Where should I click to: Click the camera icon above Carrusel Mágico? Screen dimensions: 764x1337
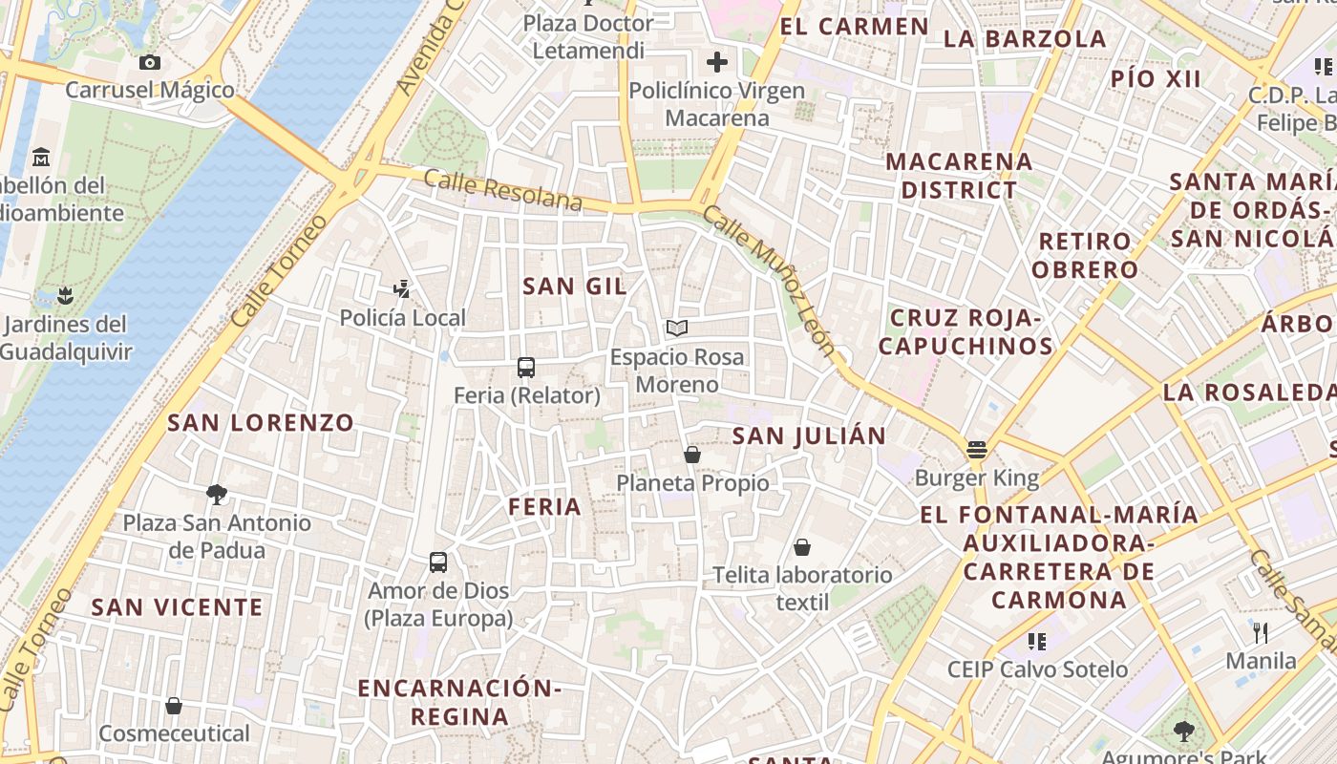pyautogui.click(x=149, y=63)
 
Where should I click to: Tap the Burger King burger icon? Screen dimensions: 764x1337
pyautogui.click(x=976, y=449)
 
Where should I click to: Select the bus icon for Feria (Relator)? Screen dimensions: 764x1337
pyautogui.click(x=525, y=367)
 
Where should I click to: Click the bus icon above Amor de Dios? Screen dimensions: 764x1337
pyautogui.click(x=438, y=562)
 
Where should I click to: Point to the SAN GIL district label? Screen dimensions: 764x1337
pyautogui.click(x=575, y=286)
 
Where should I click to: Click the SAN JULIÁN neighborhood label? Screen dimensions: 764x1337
pyautogui.click(x=809, y=436)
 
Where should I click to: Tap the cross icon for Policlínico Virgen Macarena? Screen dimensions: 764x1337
pyautogui.click(x=716, y=63)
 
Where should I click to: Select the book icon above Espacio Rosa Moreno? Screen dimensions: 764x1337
pyautogui.click(x=677, y=329)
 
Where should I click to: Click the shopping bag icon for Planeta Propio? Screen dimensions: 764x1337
pyautogui.click(x=692, y=455)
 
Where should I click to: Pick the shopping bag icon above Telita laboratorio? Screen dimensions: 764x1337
pyautogui.click(x=802, y=547)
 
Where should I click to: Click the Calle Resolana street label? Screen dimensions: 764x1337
pyautogui.click(x=502, y=189)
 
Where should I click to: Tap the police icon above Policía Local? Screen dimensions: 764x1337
pyautogui.click(x=402, y=288)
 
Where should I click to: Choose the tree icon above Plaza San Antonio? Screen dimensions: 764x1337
pyautogui.click(x=217, y=495)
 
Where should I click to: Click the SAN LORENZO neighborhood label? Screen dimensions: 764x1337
pyautogui.click(x=261, y=422)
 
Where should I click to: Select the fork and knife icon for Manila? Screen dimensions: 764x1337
pyautogui.click(x=1261, y=632)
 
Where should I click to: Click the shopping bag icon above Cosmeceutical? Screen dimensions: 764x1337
pyautogui.click(x=174, y=706)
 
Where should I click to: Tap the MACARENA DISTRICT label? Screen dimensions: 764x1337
pyautogui.click(x=959, y=176)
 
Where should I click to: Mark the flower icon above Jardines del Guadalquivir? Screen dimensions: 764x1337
pyautogui.click(x=65, y=295)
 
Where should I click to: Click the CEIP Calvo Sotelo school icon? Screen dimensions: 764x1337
pyautogui.click(x=1037, y=641)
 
